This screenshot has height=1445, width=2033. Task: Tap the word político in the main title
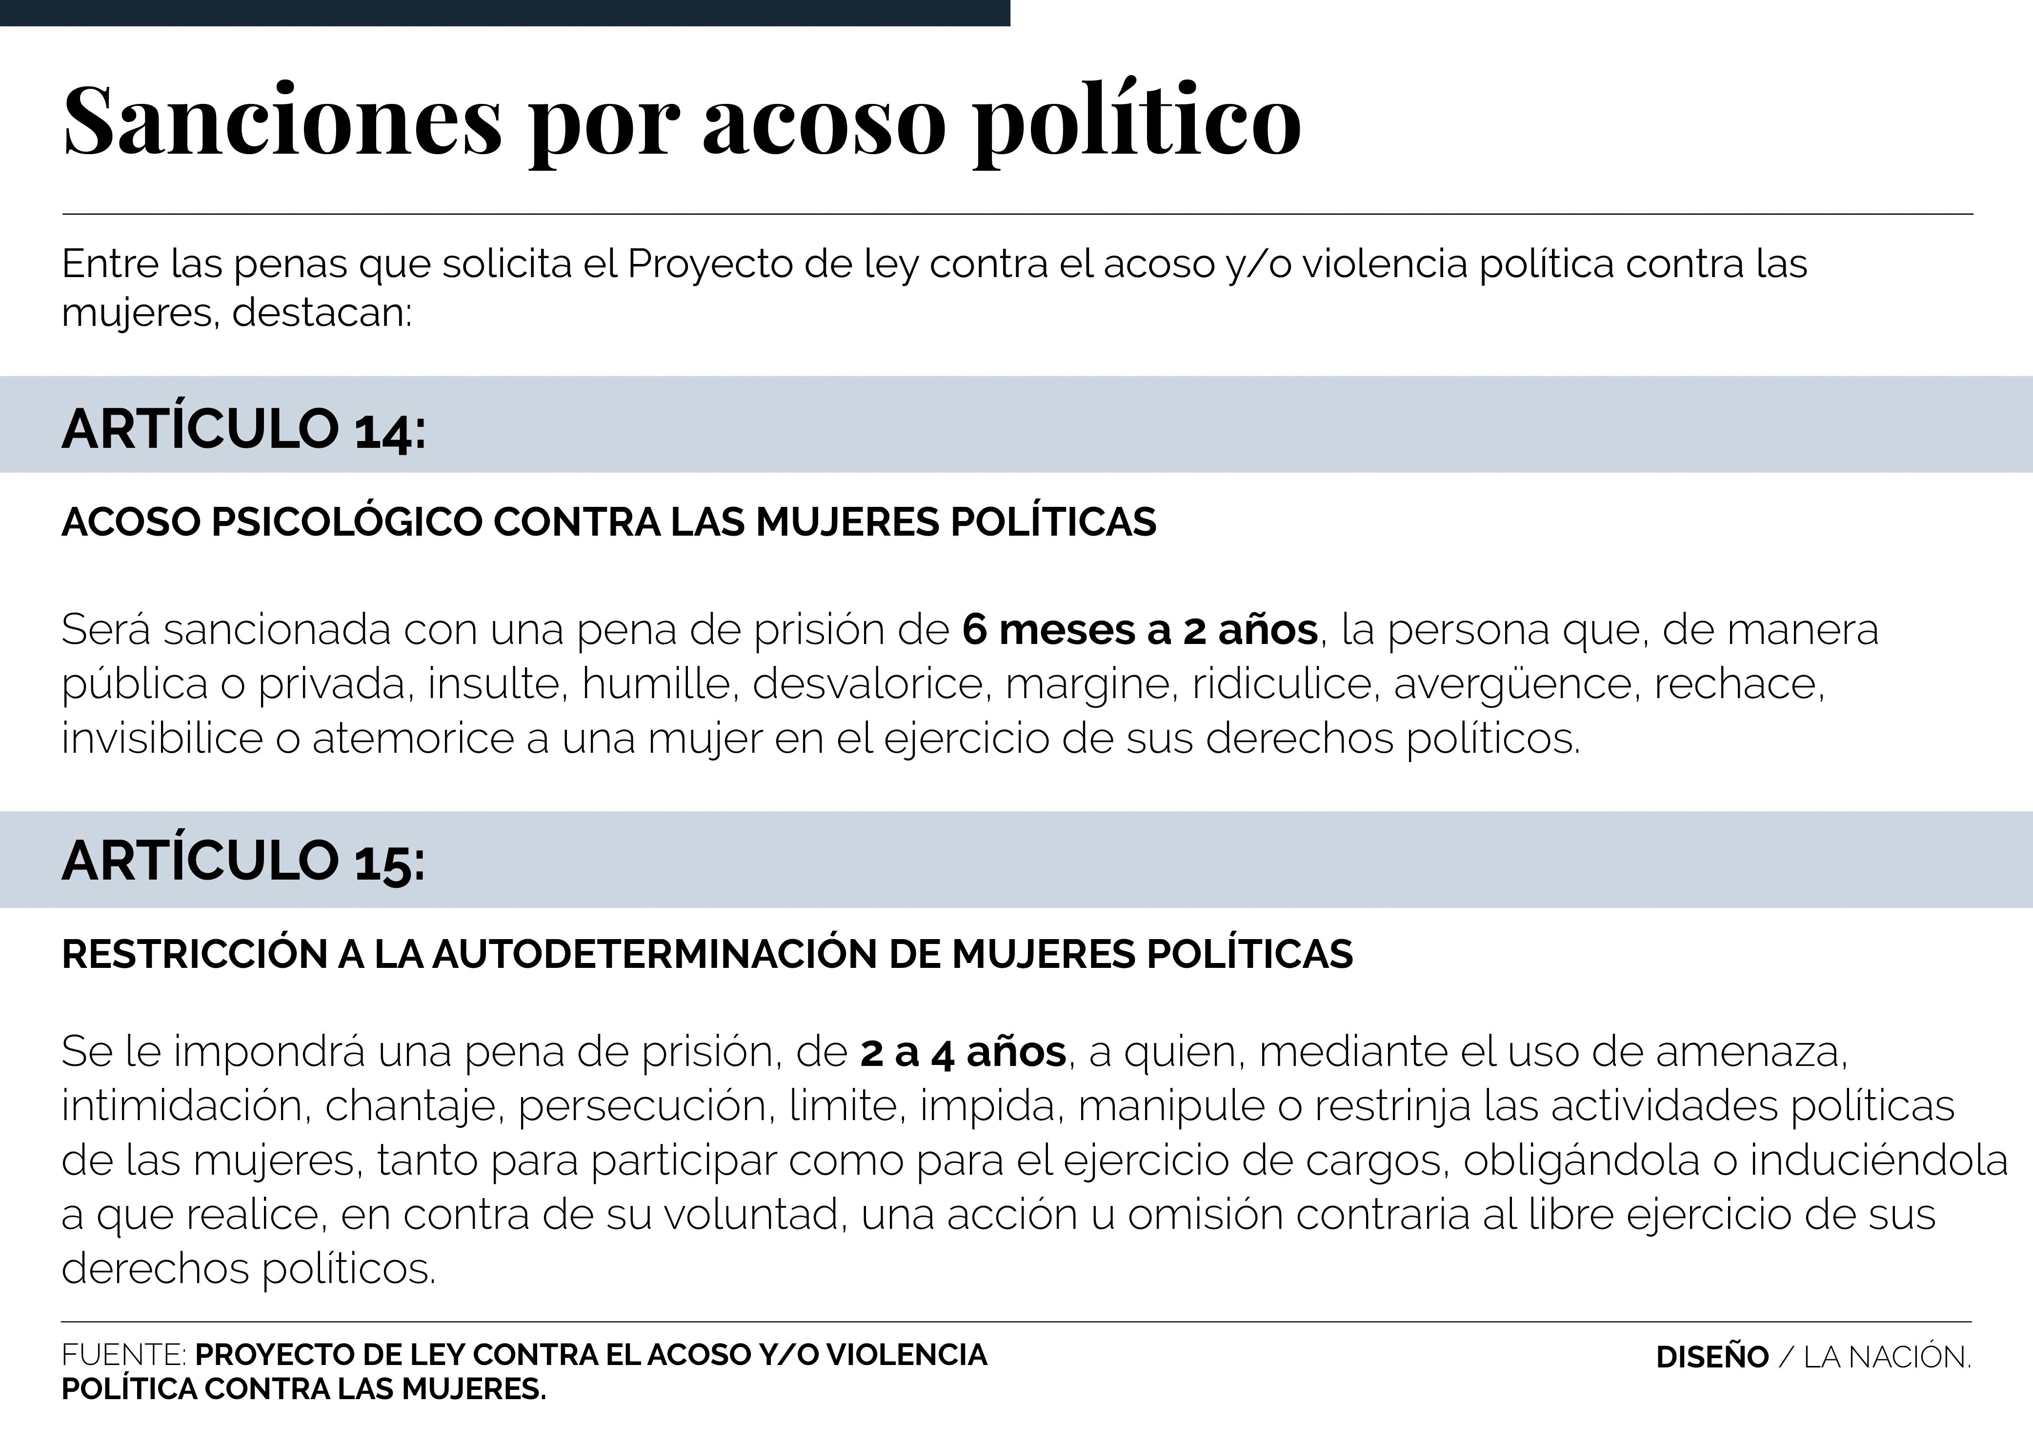coord(1137,122)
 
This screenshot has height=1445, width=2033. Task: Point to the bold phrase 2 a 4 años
coord(963,1052)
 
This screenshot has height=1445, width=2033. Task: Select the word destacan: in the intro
coord(322,312)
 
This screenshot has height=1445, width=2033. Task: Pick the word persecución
coord(643,1106)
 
